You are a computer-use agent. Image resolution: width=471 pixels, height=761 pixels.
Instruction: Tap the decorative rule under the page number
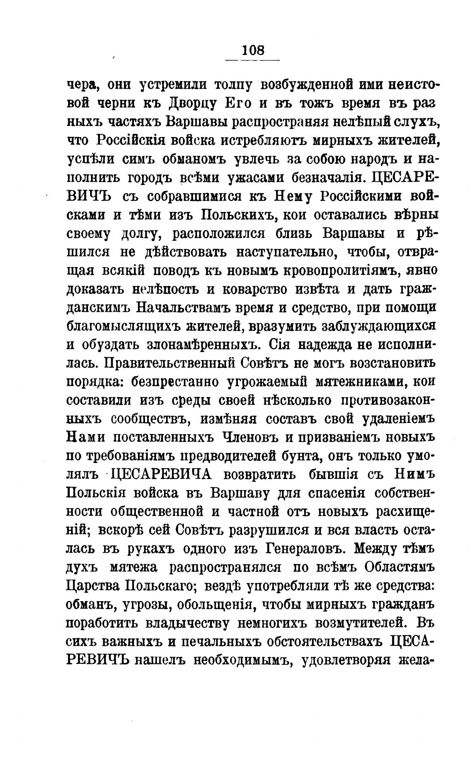252,61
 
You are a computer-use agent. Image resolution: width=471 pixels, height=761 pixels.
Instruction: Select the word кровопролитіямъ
338,271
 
